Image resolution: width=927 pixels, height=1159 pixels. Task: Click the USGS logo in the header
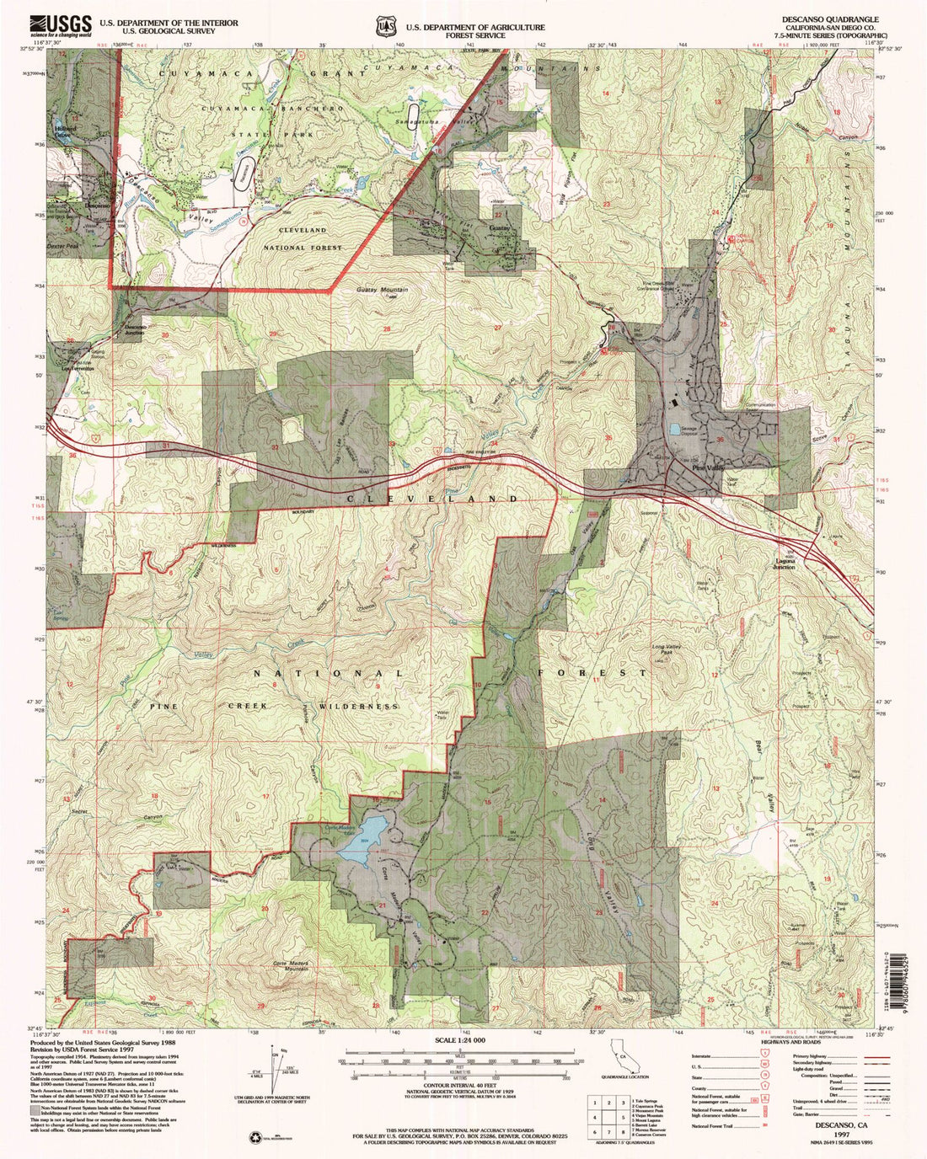(61, 26)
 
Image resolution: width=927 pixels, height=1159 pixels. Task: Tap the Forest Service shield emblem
(386, 27)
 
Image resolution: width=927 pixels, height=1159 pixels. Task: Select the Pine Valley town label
(708, 467)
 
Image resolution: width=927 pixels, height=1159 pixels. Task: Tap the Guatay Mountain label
(376, 289)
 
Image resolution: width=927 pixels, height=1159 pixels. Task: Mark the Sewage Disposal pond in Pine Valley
(675, 430)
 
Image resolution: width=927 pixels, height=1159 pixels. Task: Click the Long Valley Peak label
(666, 649)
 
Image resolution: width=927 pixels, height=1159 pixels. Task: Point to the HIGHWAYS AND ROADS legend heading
(796, 1043)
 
